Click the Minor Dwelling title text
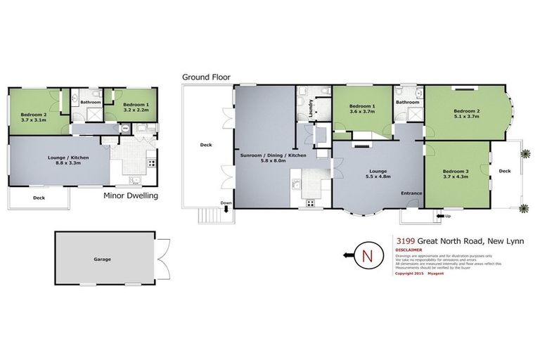130,196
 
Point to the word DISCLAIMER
410,250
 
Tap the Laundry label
310,108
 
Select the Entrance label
411,193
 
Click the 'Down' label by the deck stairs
225,203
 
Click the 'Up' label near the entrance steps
447,216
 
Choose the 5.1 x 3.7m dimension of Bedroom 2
466,117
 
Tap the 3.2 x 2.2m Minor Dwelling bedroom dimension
136,110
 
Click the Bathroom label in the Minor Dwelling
91,103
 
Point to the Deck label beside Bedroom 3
504,171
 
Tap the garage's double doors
163,259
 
